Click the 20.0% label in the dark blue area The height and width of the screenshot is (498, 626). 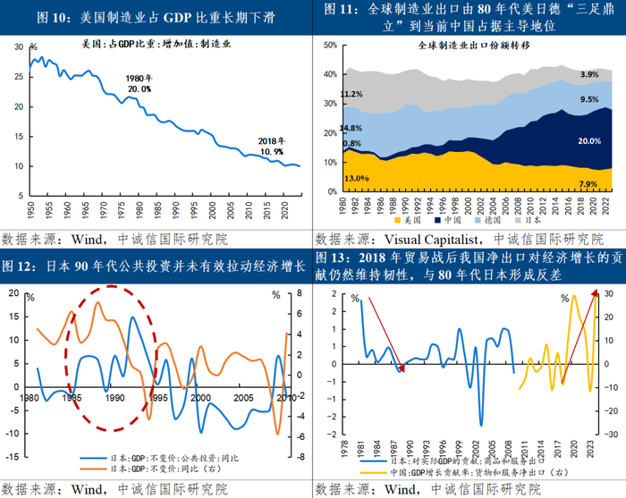pyautogui.click(x=589, y=141)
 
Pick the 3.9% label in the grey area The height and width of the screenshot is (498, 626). pyautogui.click(x=589, y=74)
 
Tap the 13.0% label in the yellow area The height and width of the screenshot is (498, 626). pyautogui.click(x=355, y=179)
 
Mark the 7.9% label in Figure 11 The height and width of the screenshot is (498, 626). pyautogui.click(x=588, y=184)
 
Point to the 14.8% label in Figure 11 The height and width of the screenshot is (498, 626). pyautogui.click(x=351, y=128)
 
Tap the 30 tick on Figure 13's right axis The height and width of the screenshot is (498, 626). pyautogui.click(x=610, y=292)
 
